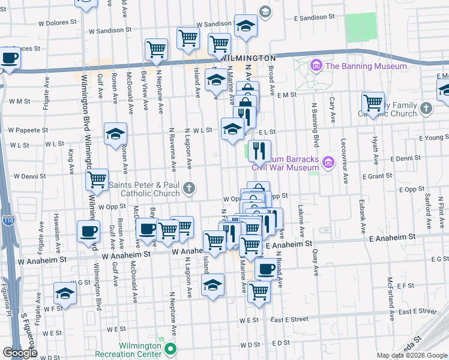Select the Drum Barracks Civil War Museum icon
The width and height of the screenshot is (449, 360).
coord(328,162)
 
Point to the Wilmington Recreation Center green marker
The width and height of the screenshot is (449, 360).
coord(170,348)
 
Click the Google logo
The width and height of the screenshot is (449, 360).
coord(20,353)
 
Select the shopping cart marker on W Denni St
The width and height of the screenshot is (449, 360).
coord(97,178)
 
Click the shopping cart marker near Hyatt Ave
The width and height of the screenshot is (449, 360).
coord(373,102)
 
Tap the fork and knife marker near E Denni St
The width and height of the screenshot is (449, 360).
coord(259,150)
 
